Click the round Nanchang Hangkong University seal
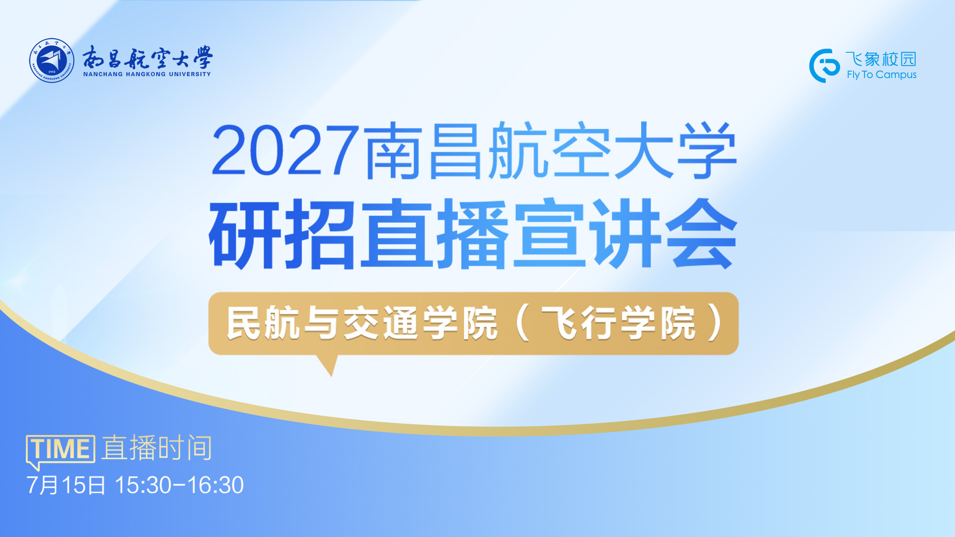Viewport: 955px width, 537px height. (x=52, y=61)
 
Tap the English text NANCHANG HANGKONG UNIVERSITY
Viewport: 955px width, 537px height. (x=147, y=74)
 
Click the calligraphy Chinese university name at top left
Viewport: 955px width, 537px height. (x=147, y=57)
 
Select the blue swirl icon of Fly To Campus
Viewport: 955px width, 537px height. (x=824, y=66)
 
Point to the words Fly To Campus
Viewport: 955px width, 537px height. (x=881, y=75)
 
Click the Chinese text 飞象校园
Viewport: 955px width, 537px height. (x=881, y=59)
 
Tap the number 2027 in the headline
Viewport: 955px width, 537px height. (x=286, y=150)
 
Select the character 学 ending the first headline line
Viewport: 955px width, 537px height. (x=706, y=150)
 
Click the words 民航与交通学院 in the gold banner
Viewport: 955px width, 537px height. (x=362, y=323)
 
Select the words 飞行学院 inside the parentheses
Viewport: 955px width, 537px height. (x=619, y=323)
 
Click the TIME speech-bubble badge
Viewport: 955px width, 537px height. (x=60, y=451)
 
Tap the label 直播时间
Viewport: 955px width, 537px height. (x=157, y=448)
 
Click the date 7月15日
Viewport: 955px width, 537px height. (x=66, y=485)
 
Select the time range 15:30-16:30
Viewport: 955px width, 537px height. (x=179, y=485)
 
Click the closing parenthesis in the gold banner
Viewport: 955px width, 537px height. (x=717, y=323)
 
